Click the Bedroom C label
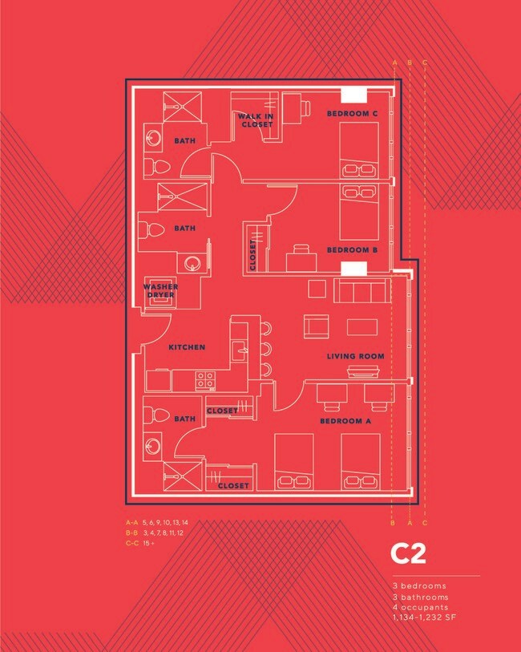[x=352, y=114]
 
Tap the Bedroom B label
[x=352, y=250]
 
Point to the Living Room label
[x=355, y=356]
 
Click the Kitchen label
[x=187, y=347]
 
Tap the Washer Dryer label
[x=160, y=290]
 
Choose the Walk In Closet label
[x=255, y=120]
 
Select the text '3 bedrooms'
[x=419, y=586]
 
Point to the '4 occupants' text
[x=420, y=607]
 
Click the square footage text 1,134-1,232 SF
[x=424, y=618]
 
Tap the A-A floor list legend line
[x=156, y=522]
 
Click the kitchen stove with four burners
[x=206, y=379]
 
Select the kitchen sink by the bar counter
[x=238, y=350]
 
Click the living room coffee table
[x=362, y=326]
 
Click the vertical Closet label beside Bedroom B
[x=252, y=254]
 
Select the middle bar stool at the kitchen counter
[x=266, y=348]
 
